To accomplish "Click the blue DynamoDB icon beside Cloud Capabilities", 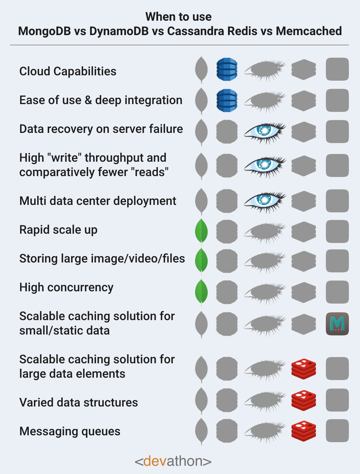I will click(227, 69).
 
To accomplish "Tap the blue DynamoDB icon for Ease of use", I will click(227, 100).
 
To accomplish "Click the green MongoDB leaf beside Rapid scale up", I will click(201, 231).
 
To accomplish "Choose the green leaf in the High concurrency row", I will click(201, 292).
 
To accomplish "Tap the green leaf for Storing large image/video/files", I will click(201, 261).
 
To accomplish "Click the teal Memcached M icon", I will click(337, 324).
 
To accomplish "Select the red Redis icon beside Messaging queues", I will click(304, 431).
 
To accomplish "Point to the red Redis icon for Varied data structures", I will click(304, 400).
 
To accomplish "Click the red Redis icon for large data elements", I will click(304, 369).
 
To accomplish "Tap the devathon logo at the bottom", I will click(173, 461).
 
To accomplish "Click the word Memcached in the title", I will click(309, 31).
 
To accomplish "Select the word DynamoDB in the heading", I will click(119, 31).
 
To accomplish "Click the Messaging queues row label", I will click(70, 431).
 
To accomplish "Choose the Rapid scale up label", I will click(58, 230).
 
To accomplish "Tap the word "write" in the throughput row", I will click(64, 158).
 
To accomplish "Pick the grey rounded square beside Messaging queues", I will click(337, 431).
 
